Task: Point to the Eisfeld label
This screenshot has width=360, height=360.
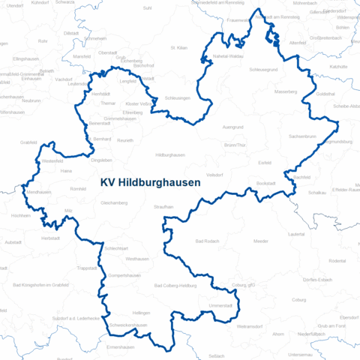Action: [x=264, y=162]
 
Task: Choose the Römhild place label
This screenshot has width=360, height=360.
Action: [x=77, y=190]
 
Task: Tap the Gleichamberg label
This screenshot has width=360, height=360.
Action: [x=113, y=202]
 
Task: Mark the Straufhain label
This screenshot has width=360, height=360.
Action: [x=163, y=206]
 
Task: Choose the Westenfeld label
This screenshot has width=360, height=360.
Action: [x=52, y=161]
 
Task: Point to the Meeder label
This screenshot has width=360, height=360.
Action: [x=260, y=241]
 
